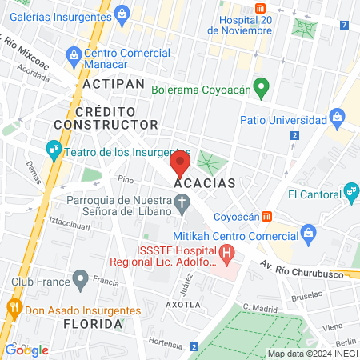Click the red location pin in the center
click(179, 166)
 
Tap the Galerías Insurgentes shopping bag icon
click(122, 13)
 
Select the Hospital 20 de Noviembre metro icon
click(260, 6)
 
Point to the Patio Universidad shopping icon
click(336, 120)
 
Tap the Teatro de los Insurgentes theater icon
click(54, 148)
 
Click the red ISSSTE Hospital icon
click(228, 257)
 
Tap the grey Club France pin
click(79, 280)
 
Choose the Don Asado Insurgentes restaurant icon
click(13, 306)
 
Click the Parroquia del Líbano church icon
click(182, 202)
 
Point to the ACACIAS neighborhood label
click(205, 183)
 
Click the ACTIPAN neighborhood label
click(113, 84)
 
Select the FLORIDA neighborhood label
click(94, 324)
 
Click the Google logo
click(26, 350)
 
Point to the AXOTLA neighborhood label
click(182, 305)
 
